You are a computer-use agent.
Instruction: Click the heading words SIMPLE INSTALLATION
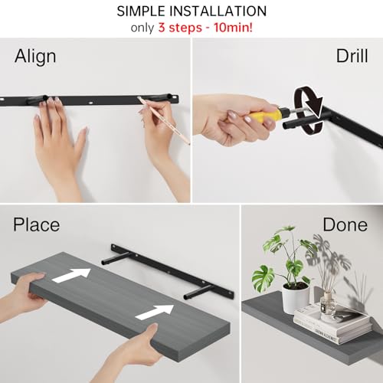(191, 11)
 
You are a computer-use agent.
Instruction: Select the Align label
(35, 57)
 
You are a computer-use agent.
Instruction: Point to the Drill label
(352, 57)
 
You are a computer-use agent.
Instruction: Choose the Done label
(345, 224)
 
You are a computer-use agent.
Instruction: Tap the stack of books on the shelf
(332, 322)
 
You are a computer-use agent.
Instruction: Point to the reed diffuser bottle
(329, 302)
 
